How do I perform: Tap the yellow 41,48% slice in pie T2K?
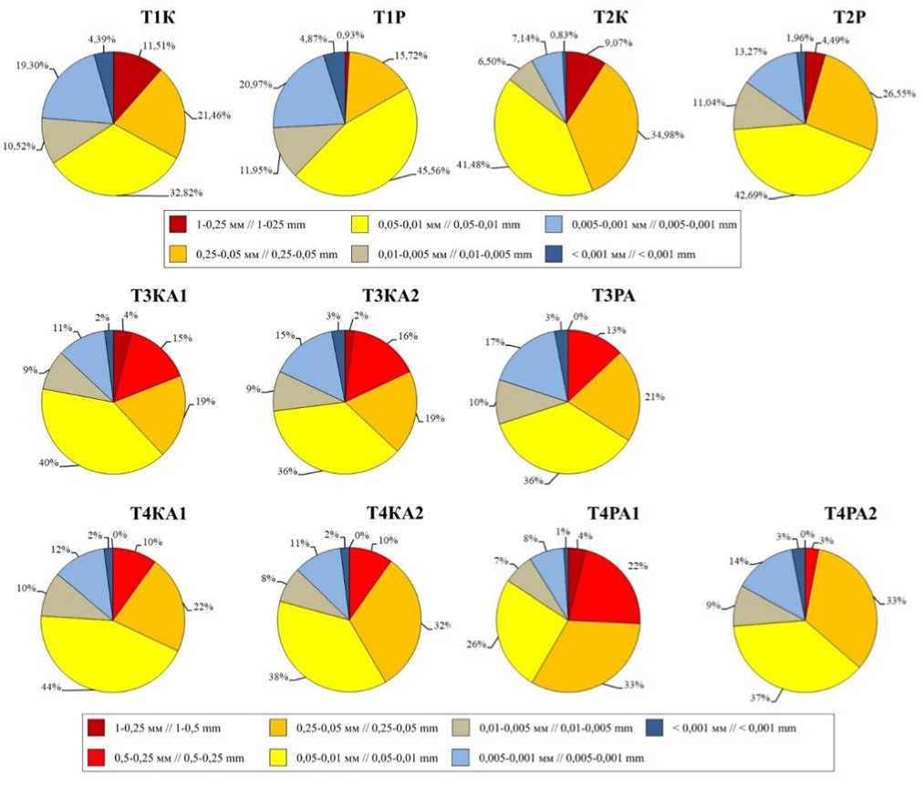[534, 151]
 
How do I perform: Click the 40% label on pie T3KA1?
[48, 462]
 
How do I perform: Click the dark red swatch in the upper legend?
[178, 222]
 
